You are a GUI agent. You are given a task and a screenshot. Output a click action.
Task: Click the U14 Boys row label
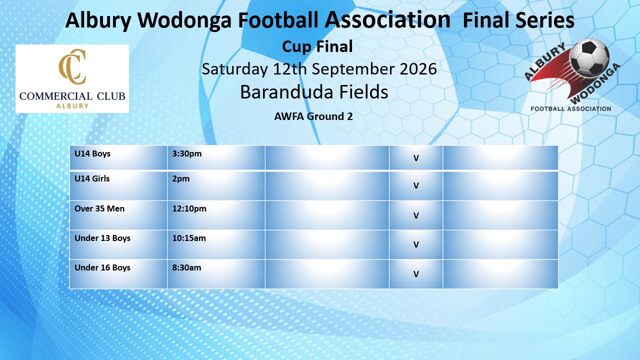(92, 153)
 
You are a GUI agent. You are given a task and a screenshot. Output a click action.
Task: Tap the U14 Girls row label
(92, 178)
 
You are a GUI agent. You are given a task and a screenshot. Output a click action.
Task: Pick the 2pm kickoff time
(181, 179)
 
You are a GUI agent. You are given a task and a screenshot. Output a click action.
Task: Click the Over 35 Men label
(99, 208)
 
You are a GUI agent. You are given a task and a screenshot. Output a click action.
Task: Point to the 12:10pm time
(189, 209)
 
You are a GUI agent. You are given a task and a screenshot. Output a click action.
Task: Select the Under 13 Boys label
(102, 238)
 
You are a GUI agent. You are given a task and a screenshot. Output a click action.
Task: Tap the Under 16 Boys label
(102, 267)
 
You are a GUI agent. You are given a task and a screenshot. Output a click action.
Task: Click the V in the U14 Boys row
(416, 158)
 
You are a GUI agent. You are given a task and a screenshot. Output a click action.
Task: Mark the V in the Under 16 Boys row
(416, 274)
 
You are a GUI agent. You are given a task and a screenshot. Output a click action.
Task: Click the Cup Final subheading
(317, 46)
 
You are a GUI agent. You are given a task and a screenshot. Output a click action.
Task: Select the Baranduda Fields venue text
(314, 91)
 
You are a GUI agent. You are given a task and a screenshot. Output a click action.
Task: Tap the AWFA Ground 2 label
(313, 116)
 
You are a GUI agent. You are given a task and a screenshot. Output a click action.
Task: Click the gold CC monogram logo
(72, 67)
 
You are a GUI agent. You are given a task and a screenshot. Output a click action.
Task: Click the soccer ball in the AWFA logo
(589, 57)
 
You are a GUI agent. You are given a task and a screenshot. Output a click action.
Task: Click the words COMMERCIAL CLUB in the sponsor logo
(72, 96)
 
